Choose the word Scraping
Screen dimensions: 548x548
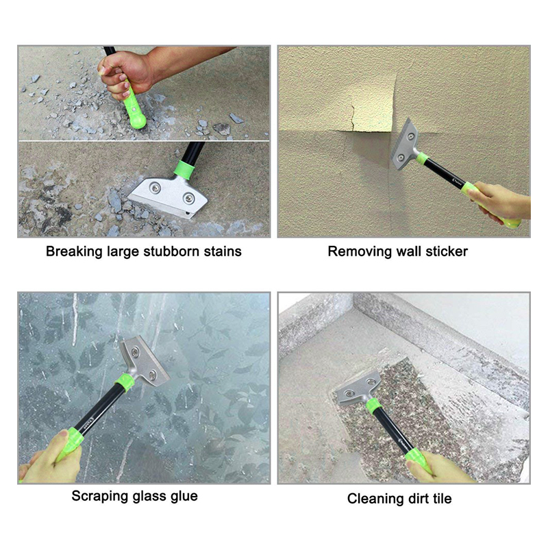coord(100,496)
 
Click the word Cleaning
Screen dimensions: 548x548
coord(374,499)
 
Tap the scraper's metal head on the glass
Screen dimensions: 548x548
coord(143,357)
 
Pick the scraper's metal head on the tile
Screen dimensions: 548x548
coord(358,389)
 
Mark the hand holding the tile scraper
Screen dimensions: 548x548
coord(438,466)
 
